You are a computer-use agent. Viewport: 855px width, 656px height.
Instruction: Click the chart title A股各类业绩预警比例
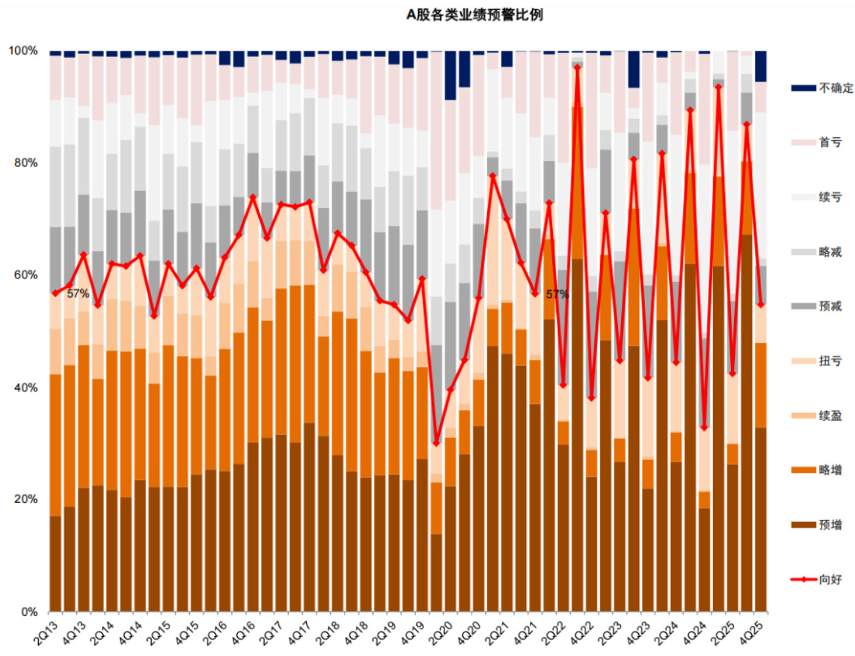coord(474,14)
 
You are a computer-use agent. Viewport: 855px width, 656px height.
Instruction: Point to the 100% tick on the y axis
coord(23,51)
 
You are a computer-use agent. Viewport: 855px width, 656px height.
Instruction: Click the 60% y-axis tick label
coord(26,275)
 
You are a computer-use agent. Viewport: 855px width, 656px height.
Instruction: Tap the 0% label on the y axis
coord(29,612)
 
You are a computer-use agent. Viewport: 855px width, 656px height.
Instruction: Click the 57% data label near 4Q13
coord(77,294)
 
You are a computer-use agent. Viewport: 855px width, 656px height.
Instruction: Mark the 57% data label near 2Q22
coord(557,294)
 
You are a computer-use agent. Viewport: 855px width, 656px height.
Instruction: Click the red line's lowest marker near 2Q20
coord(436,443)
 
